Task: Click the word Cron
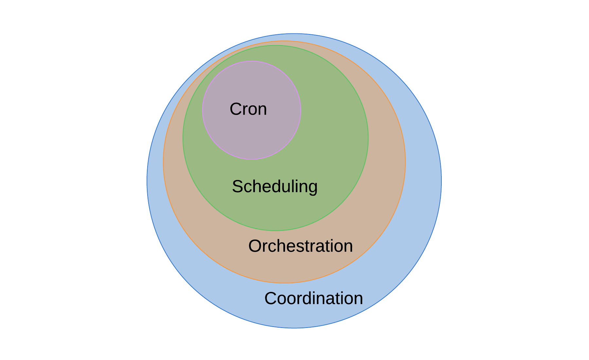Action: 248,109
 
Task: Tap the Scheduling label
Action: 275,187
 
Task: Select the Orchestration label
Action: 300,246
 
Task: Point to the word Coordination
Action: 313,298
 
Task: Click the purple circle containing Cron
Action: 252,137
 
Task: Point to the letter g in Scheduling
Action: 312,188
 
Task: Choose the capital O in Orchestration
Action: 255,246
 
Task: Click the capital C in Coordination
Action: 271,298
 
